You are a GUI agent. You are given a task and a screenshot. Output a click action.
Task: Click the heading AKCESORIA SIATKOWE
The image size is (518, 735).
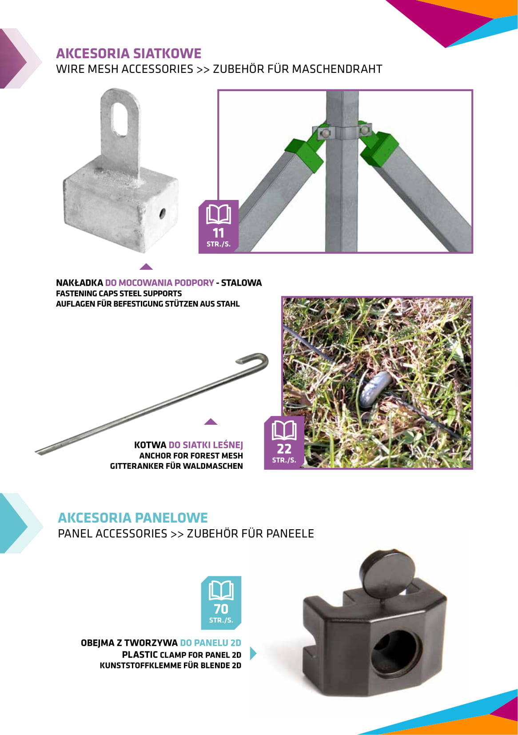(128, 53)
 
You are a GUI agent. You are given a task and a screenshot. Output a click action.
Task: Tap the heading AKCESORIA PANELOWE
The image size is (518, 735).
(133, 517)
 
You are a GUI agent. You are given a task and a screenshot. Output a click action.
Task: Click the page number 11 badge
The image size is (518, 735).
(219, 226)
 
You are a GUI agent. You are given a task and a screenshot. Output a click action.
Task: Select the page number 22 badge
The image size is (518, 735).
(284, 442)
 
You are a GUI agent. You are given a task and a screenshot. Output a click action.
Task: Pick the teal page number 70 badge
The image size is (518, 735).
(221, 603)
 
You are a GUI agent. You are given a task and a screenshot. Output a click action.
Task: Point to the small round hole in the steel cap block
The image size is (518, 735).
(163, 214)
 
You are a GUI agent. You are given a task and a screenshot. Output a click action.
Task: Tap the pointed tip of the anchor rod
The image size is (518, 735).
(37, 453)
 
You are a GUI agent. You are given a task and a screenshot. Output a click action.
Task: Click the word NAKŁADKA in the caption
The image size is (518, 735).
(80, 283)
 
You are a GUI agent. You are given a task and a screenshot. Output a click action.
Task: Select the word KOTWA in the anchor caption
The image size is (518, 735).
(150, 445)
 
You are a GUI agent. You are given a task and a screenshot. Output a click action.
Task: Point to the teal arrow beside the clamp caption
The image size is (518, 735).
(253, 653)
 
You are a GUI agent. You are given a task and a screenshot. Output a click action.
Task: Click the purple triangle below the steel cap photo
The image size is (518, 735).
(146, 267)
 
